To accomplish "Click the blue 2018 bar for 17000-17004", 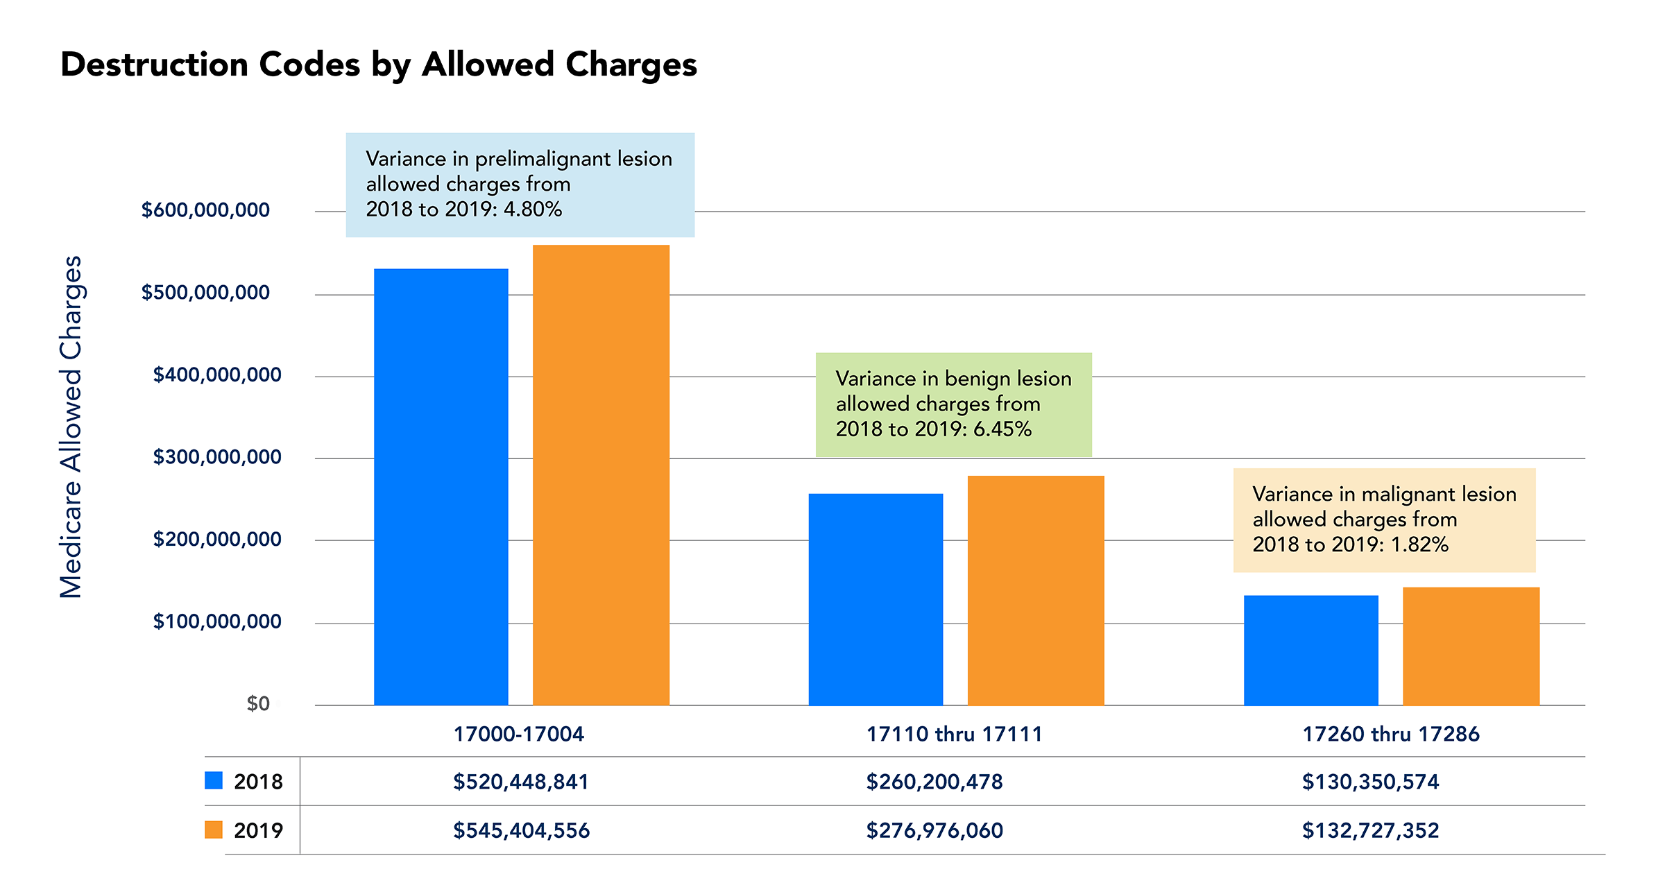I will [441, 486].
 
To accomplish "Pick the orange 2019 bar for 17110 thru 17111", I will [1035, 590].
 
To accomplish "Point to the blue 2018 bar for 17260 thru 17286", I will [1310, 650].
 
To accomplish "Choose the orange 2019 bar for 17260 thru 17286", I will [1471, 646].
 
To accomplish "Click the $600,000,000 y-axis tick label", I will [205, 210].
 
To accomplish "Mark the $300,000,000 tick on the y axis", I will [217, 457].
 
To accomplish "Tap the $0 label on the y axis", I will [258, 704].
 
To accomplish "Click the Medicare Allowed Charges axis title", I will [71, 427].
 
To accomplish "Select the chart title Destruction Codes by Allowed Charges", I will [379, 65].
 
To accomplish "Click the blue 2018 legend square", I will [214, 780].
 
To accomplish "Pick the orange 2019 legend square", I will [214, 830].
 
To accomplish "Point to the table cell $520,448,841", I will [520, 782].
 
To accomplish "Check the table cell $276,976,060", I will [934, 830].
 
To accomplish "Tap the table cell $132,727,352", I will [1370, 830].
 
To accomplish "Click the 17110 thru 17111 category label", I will [954, 734].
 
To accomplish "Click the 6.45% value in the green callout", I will [1002, 429].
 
